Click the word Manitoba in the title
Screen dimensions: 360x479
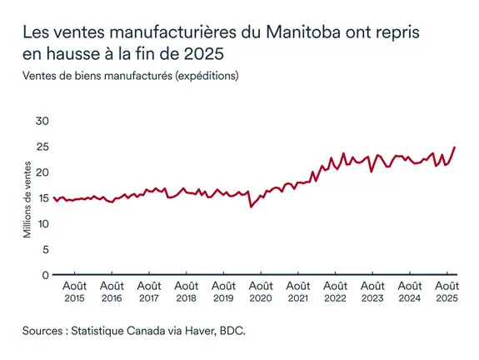coord(304,34)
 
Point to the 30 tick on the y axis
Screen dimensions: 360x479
coord(42,122)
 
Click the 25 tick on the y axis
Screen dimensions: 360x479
coord(42,147)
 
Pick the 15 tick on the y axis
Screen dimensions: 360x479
coord(42,198)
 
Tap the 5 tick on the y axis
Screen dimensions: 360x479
coord(45,249)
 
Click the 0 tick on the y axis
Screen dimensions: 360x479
coord(45,275)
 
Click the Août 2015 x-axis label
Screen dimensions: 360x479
coord(74,292)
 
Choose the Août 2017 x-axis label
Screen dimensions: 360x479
coord(149,292)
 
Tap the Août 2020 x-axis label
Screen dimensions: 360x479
coord(261,292)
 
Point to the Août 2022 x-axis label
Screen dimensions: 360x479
coord(335,292)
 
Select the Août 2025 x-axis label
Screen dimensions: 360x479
coord(447,292)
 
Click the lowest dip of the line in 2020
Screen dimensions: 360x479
coord(252,206)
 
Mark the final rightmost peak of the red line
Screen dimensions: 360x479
coord(455,147)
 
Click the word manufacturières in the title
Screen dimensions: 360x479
coord(162,34)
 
